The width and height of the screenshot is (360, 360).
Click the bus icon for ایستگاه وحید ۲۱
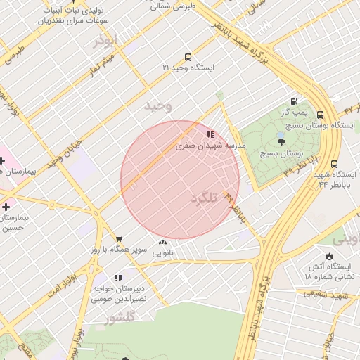pos(188,57)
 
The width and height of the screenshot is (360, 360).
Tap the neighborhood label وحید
pos(157,106)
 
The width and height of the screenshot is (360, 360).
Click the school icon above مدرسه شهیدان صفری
pos(210,134)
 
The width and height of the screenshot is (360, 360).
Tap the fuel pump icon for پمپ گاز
pos(294,101)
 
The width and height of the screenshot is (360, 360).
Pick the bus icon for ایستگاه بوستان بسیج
pos(321,115)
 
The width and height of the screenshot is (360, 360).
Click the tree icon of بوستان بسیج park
pos(281,142)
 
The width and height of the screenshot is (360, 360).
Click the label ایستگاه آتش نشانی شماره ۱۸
pos(327,271)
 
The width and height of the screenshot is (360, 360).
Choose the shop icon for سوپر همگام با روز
pos(118,239)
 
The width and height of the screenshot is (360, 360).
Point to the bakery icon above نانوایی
pos(162,242)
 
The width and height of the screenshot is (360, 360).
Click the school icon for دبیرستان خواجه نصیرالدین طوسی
pos(118,278)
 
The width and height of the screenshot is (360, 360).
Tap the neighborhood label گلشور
pos(120,319)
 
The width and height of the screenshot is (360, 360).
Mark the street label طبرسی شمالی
pos(172,5)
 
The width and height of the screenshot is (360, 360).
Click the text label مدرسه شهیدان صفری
pos(210,145)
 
